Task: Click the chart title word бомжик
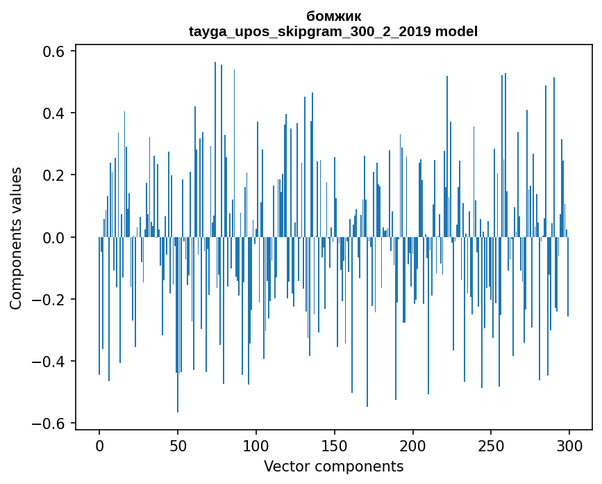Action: pyautogui.click(x=333, y=17)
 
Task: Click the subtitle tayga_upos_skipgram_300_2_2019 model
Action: pyautogui.click(x=333, y=31)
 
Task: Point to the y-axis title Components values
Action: pyautogui.click(x=16, y=239)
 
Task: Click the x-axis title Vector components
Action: pyautogui.click(x=333, y=467)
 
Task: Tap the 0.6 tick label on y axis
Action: pyautogui.click(x=53, y=51)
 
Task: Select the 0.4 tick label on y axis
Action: pyautogui.click(x=53, y=113)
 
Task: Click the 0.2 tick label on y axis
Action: pyautogui.click(x=53, y=175)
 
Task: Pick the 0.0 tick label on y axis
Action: pyautogui.click(x=53, y=238)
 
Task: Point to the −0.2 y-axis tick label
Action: pyautogui.click(x=48, y=300)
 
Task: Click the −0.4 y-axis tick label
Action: pyautogui.click(x=48, y=362)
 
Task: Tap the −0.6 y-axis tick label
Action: pyautogui.click(x=48, y=423)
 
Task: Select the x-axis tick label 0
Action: pyautogui.click(x=99, y=446)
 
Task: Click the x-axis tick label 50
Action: pyautogui.click(x=178, y=446)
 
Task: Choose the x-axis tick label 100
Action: pyautogui.click(x=256, y=446)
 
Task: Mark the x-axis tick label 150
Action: pyautogui.click(x=335, y=446)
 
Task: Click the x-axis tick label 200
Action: pyautogui.click(x=412, y=446)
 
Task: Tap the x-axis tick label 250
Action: pyautogui.click(x=491, y=446)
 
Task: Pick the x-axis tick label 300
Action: pyautogui.click(x=569, y=446)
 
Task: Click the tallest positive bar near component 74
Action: pyautogui.click(x=215, y=150)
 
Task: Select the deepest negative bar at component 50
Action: pyautogui.click(x=177, y=325)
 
